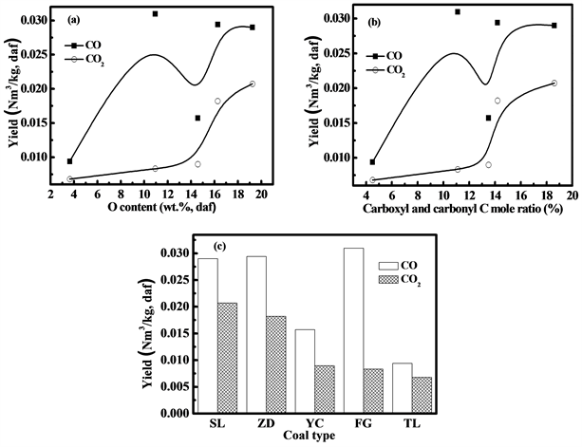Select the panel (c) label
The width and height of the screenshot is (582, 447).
[x=219, y=247]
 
